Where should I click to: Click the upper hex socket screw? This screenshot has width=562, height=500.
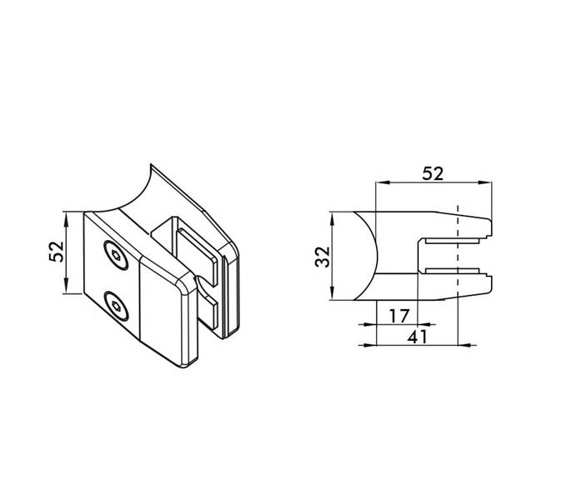coord(116,255)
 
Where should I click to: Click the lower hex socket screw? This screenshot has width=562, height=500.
coord(116,306)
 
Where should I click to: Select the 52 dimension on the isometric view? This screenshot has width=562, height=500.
coord(57,252)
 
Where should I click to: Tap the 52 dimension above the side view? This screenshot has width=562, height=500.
coord(433,173)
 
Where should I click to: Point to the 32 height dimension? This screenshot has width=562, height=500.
coord(323,257)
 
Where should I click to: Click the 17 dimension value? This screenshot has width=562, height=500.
coord(399,316)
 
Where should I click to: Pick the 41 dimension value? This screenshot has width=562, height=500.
coord(418,337)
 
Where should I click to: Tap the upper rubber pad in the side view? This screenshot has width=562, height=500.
coord(452,241)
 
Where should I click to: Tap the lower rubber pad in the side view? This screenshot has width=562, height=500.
coord(452,270)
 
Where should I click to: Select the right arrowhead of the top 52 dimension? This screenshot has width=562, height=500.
coord(485,182)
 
